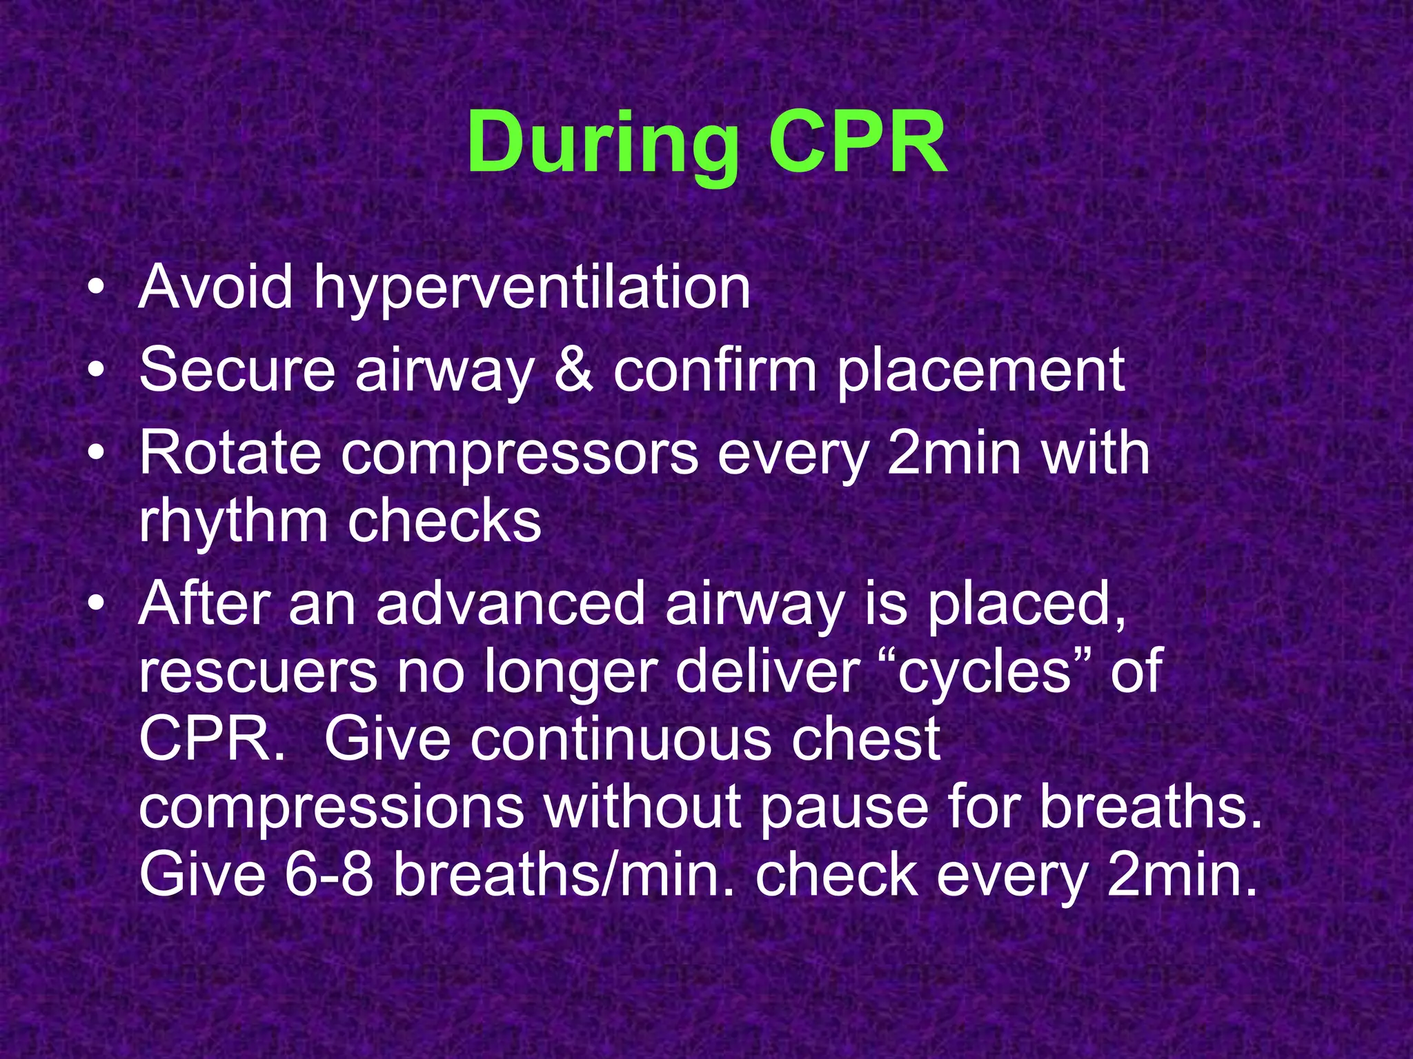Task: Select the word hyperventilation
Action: pos(532,288)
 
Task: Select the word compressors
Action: pos(520,455)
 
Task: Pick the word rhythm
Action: pos(233,522)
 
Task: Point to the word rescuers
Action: pos(257,672)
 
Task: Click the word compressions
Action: pos(331,807)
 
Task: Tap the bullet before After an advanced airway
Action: pos(97,604)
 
